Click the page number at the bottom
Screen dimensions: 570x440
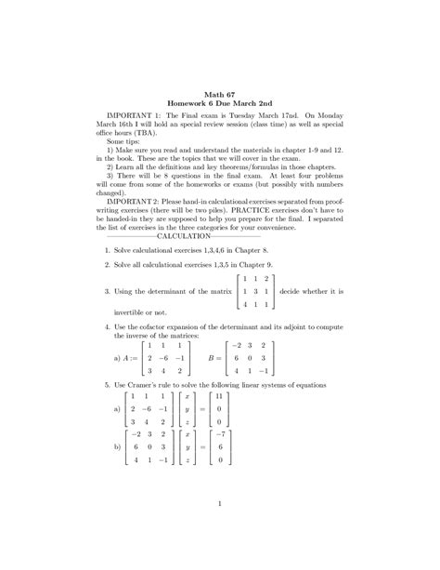click(219, 505)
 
